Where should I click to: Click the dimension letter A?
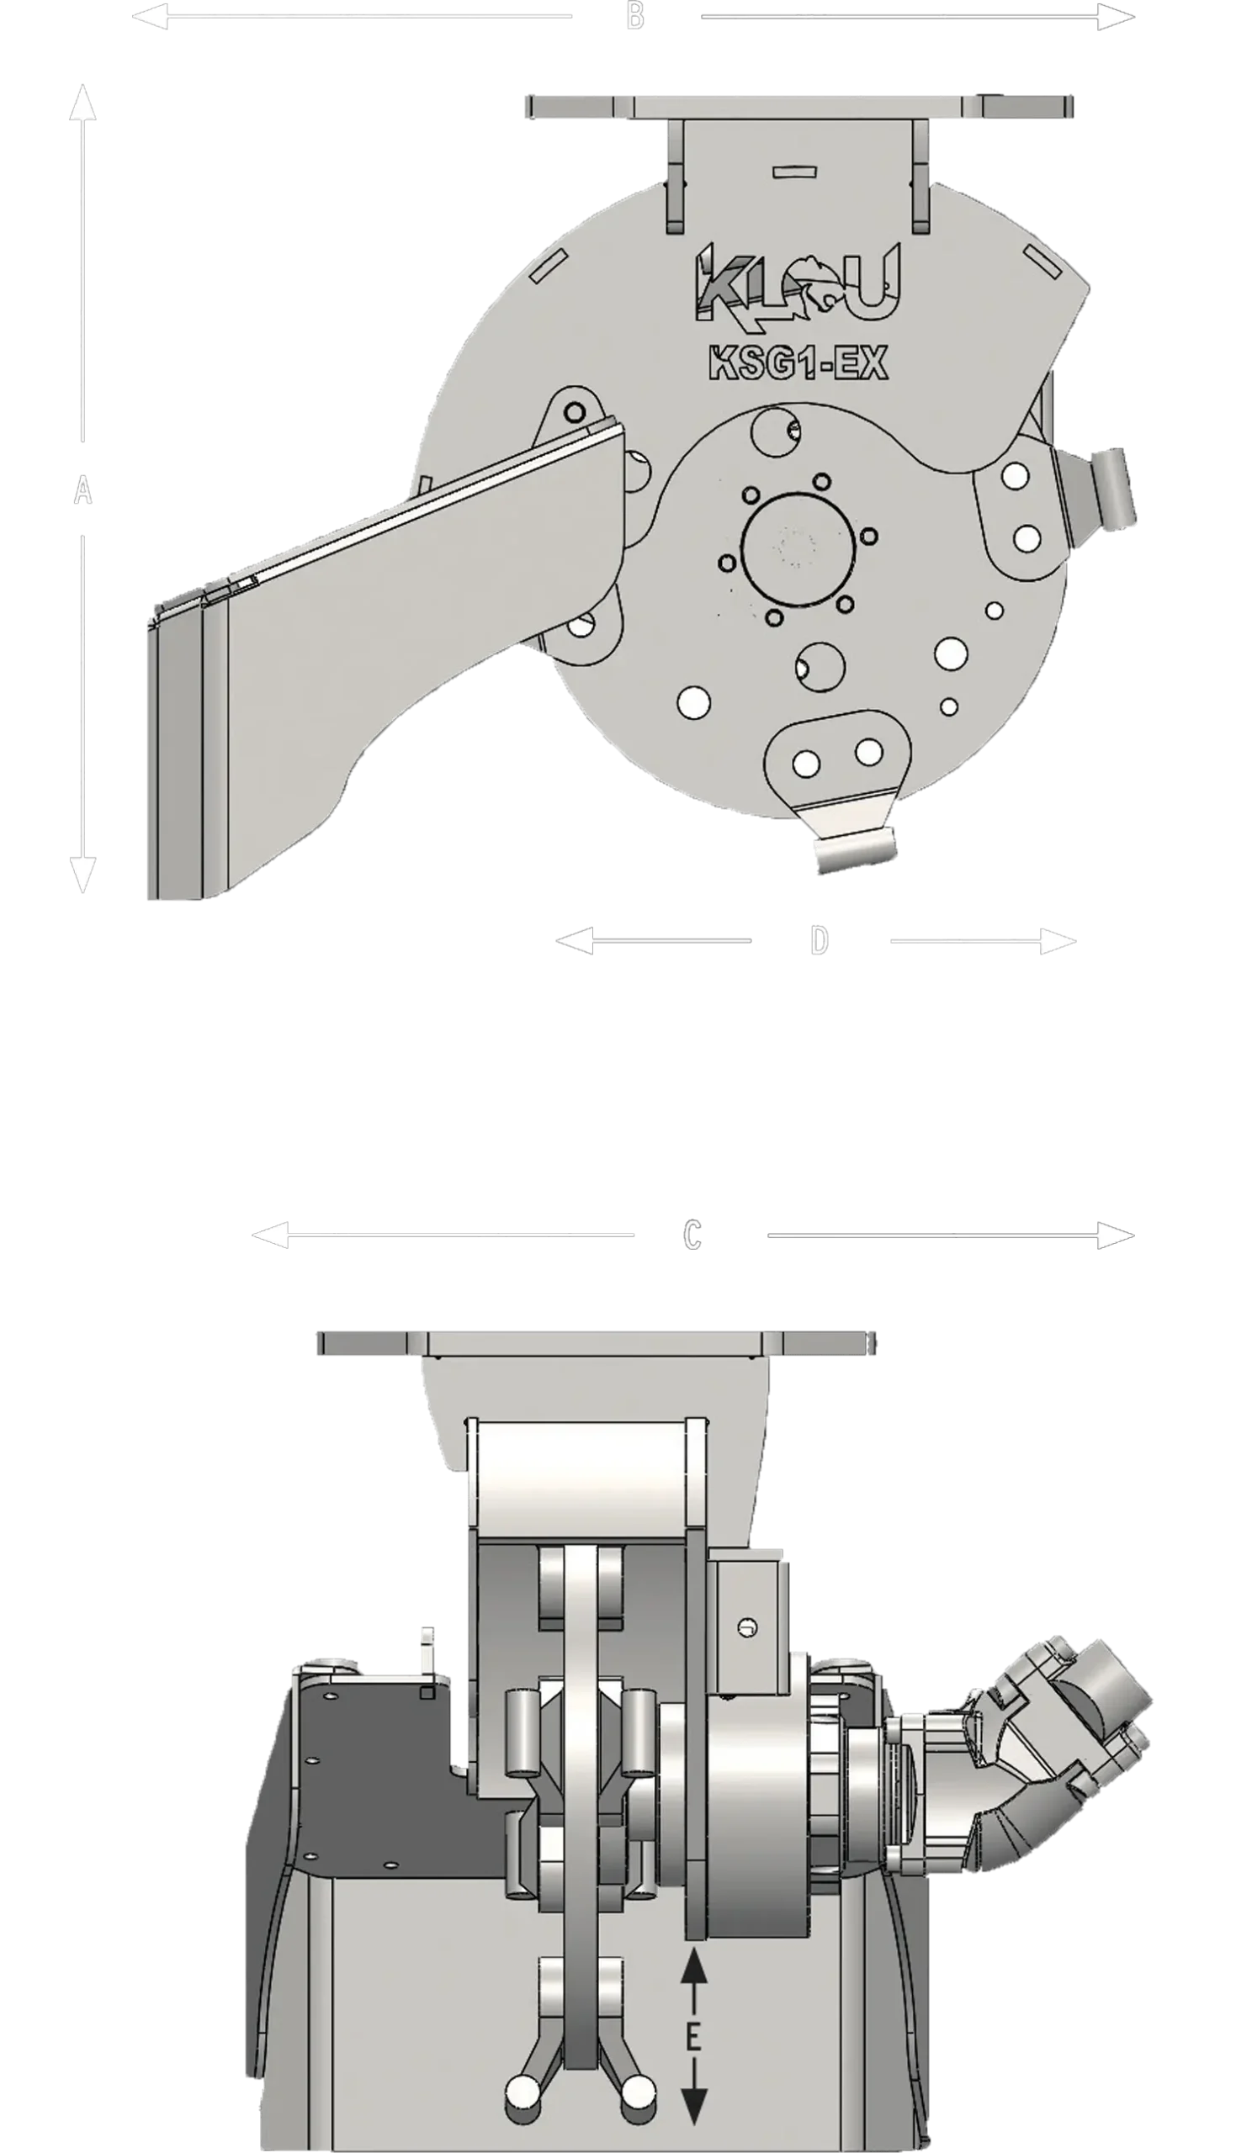point(82,489)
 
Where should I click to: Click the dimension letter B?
point(635,16)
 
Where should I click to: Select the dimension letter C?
point(693,1235)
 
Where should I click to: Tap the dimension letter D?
point(819,940)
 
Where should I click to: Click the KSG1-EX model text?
point(798,363)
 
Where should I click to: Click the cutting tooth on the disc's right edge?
point(1115,489)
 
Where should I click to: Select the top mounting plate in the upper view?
point(797,107)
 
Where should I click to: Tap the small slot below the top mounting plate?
point(794,172)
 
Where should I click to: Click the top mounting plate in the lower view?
point(598,1343)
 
